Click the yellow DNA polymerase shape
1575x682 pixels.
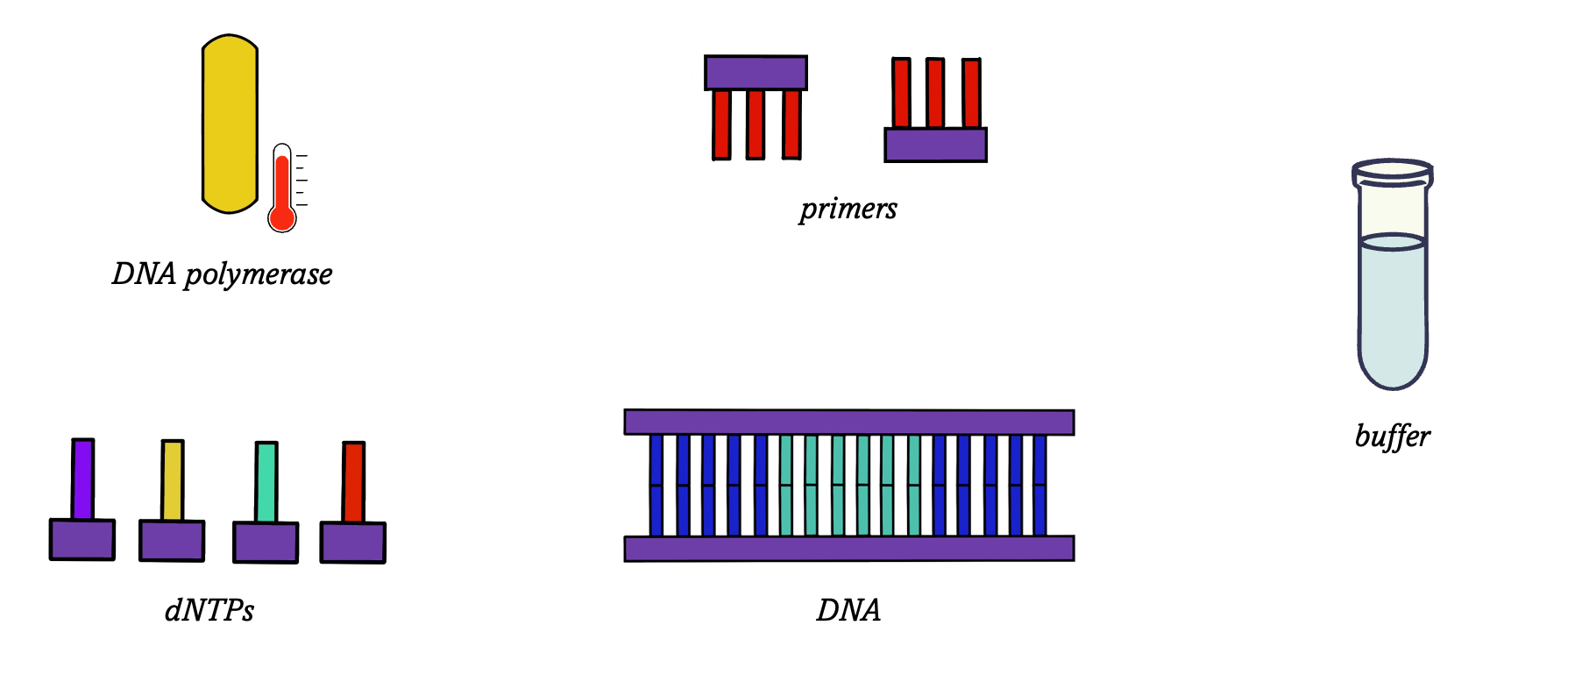pos(230,124)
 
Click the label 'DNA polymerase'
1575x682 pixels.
pos(222,274)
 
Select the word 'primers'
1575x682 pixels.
pos(848,209)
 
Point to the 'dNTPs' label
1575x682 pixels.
pos(209,610)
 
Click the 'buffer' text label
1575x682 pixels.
pos(1392,436)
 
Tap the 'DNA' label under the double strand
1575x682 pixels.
pos(848,610)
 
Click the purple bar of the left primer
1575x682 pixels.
pos(756,73)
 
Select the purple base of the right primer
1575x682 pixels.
pos(935,145)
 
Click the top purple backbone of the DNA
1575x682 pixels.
pos(848,422)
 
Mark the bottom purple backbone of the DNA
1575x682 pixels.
pos(848,549)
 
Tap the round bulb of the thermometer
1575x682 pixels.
pos(282,217)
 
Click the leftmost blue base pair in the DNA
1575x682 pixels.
pos(656,485)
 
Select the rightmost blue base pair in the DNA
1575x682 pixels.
pos(1039,485)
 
